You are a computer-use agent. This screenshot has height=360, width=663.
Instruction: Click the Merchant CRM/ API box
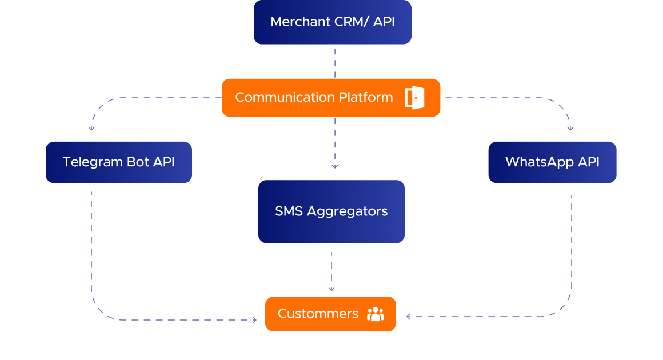click(332, 22)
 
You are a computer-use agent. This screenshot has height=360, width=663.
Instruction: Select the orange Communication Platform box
click(330, 98)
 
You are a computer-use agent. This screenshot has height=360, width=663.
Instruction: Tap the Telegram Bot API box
click(118, 162)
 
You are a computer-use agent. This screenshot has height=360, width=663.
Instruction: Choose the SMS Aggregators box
click(331, 211)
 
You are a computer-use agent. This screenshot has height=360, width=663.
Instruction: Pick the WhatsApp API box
click(552, 162)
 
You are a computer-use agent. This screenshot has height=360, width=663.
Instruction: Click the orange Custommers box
click(330, 314)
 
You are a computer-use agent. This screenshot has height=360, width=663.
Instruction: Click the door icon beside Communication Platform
click(414, 98)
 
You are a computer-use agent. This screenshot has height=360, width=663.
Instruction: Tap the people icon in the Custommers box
click(376, 314)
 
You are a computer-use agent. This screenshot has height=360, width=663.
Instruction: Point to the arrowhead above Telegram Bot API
click(91, 129)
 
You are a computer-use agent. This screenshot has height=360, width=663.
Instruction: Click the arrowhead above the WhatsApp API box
click(570, 129)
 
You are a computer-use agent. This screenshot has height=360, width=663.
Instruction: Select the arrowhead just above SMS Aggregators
click(335, 166)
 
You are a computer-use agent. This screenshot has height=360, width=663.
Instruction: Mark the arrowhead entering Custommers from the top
click(331, 289)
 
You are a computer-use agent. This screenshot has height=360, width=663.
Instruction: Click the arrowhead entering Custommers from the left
click(255, 320)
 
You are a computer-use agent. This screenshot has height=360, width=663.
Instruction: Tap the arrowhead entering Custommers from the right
click(408, 316)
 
